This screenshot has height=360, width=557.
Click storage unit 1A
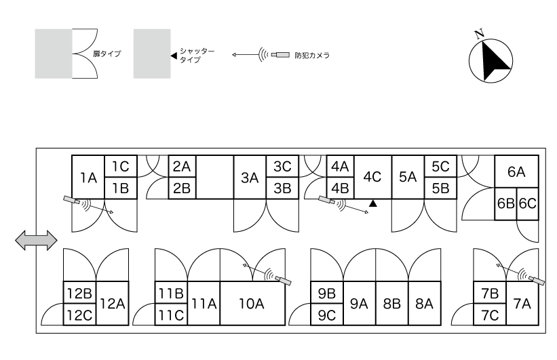click(x=88, y=177)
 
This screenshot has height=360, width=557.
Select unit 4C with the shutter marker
click(x=372, y=177)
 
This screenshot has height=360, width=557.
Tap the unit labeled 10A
click(x=252, y=304)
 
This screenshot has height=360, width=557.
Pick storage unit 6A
click(x=516, y=172)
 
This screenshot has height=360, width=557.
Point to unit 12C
click(x=79, y=315)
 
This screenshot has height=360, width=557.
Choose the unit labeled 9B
click(x=327, y=293)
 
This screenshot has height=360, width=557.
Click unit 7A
click(x=522, y=304)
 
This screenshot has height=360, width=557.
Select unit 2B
click(x=182, y=188)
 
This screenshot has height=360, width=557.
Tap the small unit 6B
click(x=506, y=204)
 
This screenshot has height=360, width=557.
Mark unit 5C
click(x=440, y=166)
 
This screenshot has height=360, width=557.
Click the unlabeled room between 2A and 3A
click(x=214, y=177)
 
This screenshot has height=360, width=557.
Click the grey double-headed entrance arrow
click(x=36, y=241)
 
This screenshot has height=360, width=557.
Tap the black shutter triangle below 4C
click(x=372, y=203)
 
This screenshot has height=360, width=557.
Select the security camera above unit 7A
click(x=537, y=280)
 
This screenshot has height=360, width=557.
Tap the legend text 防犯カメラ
click(x=312, y=56)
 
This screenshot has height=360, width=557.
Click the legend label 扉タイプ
click(x=107, y=54)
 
